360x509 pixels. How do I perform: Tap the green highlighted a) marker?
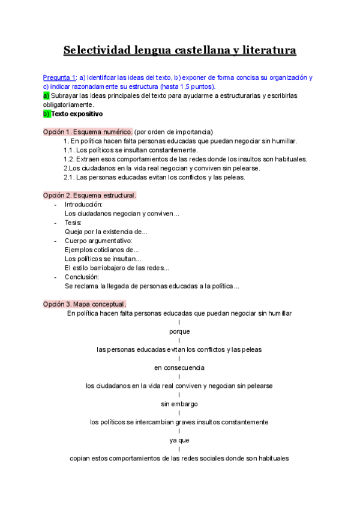[x=46, y=95]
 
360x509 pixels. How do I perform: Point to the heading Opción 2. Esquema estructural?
[x=90, y=195]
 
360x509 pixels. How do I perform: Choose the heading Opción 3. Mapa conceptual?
[x=85, y=304]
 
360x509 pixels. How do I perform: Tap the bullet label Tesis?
[x=73, y=222]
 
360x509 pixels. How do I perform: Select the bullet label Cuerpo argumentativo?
[x=94, y=241]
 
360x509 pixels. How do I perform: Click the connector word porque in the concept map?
[x=179, y=331]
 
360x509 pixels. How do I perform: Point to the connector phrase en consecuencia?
[x=179, y=367]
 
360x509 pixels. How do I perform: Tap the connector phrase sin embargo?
[x=179, y=403]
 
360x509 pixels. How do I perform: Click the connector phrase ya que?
[x=179, y=440]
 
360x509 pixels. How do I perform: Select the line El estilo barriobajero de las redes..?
[x=116, y=268]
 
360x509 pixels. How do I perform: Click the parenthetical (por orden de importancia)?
[x=174, y=131]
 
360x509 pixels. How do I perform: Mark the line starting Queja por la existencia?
[x=106, y=231]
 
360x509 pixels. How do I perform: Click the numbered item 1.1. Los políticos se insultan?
[x=130, y=149]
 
